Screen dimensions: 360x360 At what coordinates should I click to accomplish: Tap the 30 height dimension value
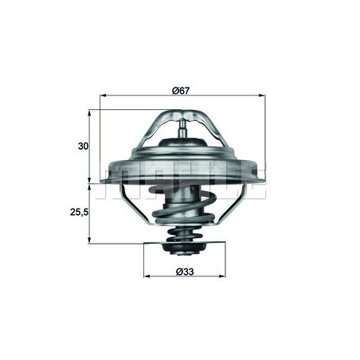tap(83, 147)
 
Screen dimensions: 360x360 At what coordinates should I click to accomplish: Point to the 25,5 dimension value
tap(79, 214)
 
